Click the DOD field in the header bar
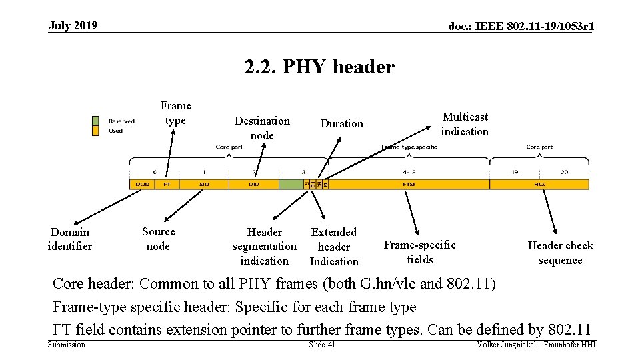142,184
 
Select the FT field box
167,184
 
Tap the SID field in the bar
204,184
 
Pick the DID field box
254,184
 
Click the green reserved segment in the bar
291,184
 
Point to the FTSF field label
409,184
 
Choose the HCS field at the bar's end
539,184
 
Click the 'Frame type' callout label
175,113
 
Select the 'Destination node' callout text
262,128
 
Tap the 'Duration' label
341,123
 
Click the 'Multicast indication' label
464,124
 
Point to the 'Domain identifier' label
70,239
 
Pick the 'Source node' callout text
158,239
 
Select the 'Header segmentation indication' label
265,247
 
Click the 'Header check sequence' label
560,253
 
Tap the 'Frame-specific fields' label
419,252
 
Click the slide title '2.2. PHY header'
319,67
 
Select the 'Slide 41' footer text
322,344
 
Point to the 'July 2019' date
73,26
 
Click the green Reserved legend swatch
95,121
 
